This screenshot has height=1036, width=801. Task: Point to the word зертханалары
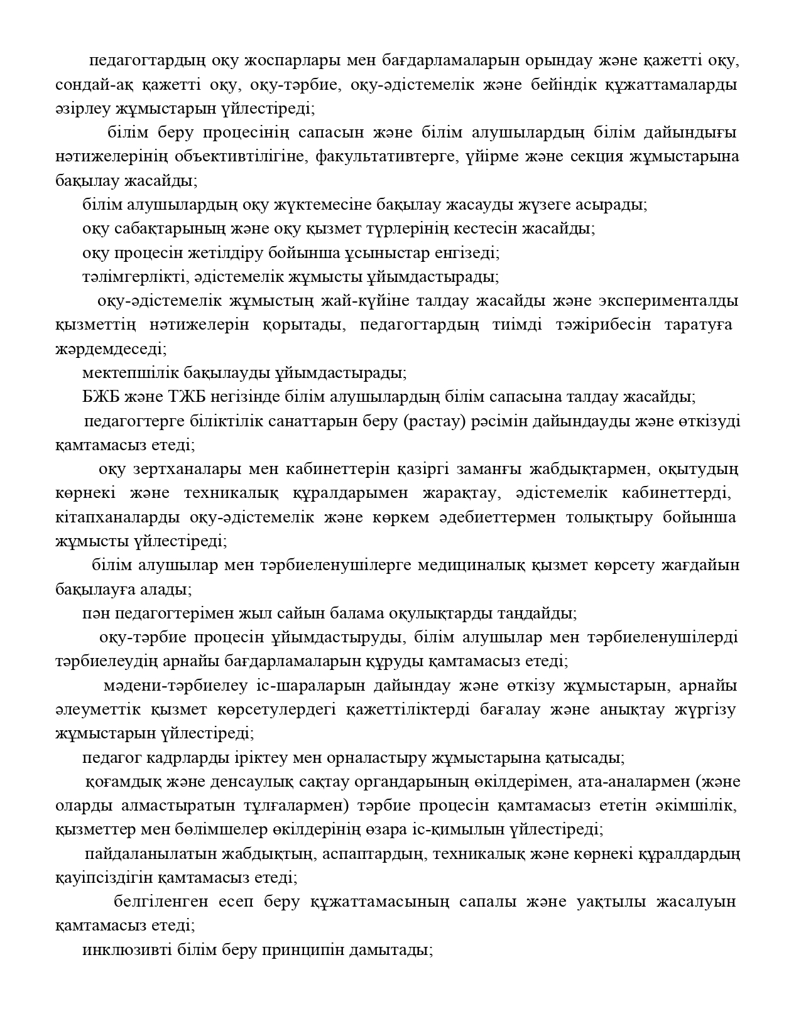pos(188,470)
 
